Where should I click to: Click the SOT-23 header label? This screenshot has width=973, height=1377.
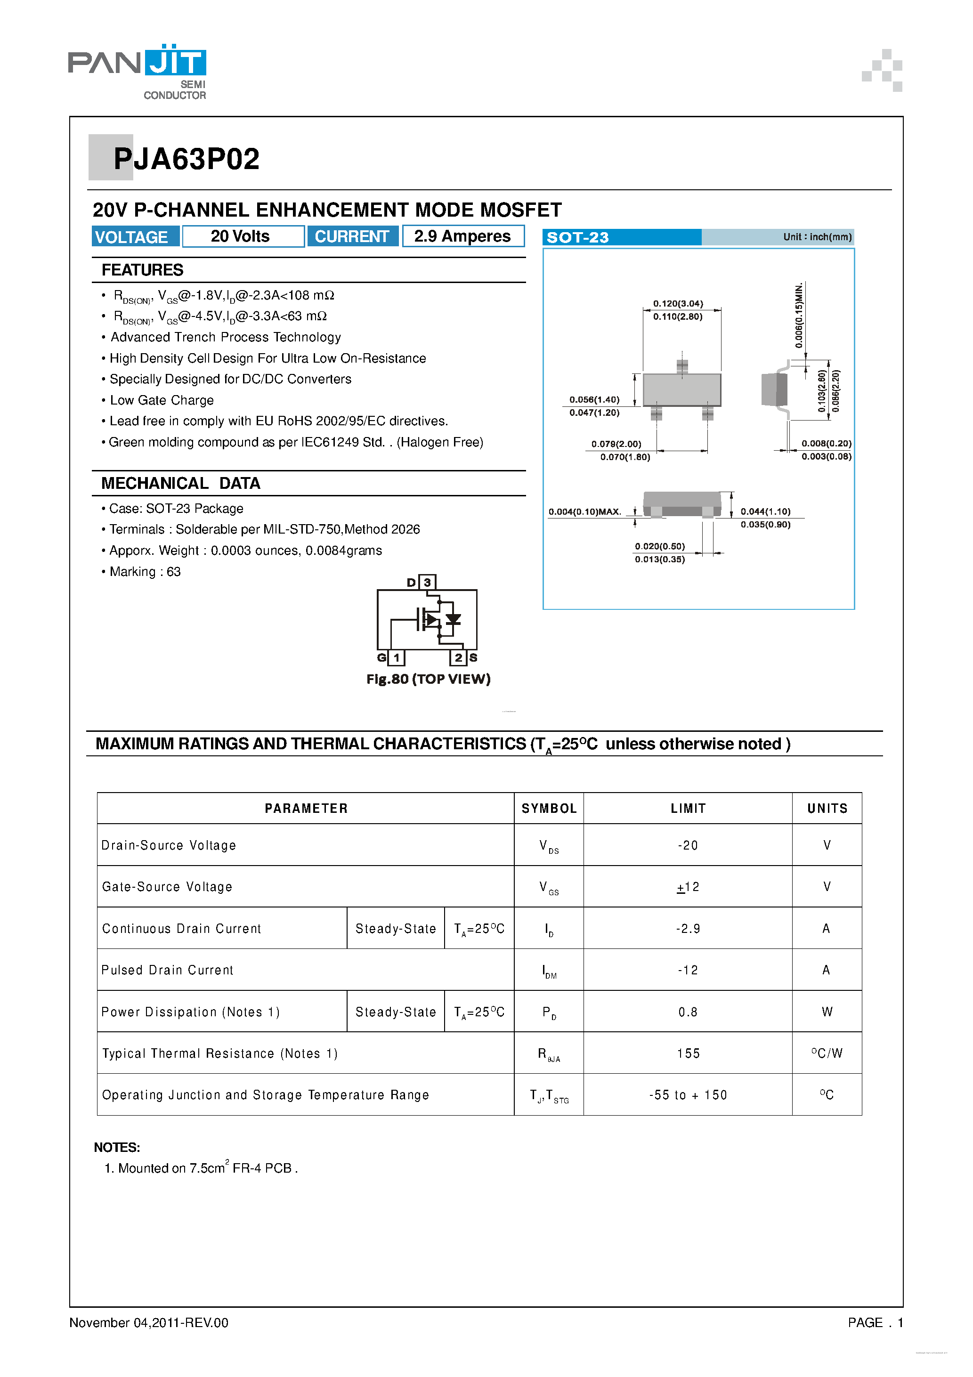coord(578,237)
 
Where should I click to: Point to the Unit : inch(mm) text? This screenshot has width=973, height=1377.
coord(817,237)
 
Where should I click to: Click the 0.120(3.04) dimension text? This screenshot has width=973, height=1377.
coord(678,303)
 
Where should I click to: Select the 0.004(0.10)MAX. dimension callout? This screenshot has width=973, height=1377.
coord(584,511)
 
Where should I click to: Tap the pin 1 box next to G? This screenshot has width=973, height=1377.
coord(397,657)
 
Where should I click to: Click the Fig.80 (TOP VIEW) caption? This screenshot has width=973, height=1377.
coord(428,679)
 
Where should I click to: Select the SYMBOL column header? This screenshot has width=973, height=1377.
coord(549,809)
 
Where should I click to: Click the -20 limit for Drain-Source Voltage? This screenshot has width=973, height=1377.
coord(688,845)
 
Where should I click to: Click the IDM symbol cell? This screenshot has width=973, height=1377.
coord(549,971)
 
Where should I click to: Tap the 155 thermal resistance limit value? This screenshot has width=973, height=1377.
coord(688,1054)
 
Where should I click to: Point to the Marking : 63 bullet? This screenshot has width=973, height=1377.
coord(145,572)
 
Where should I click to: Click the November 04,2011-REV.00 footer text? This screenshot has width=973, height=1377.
coord(149,1322)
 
